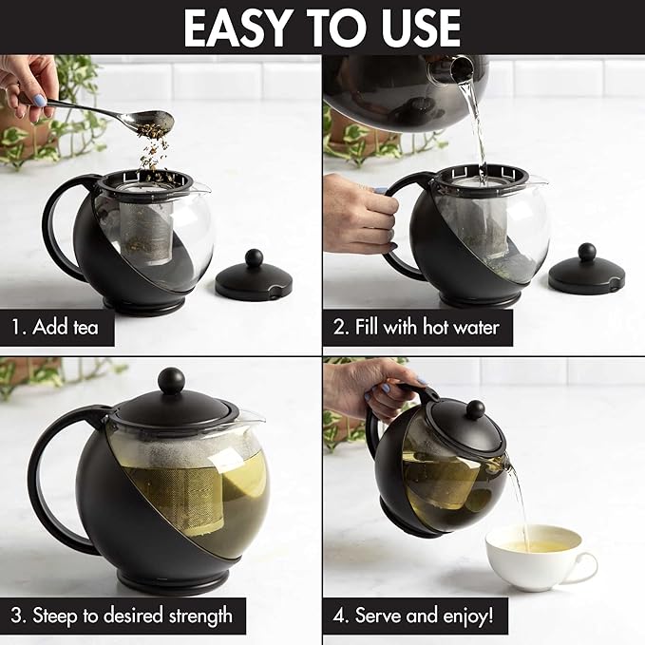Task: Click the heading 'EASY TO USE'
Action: [x=322, y=28]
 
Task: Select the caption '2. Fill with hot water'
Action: [x=418, y=328]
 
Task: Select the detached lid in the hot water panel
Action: [x=586, y=273]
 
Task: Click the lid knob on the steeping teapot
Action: [x=171, y=381]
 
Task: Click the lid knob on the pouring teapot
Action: [x=474, y=409]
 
